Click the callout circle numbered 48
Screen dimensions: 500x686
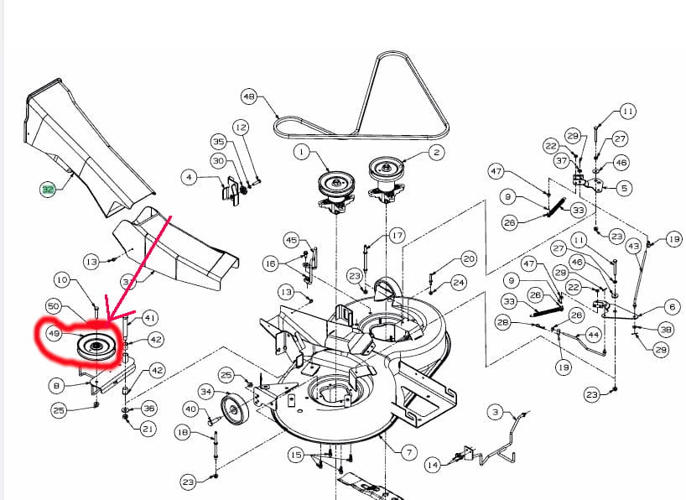pos(248,96)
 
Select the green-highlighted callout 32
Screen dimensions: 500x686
pos(48,190)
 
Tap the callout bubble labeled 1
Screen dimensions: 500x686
pos(301,152)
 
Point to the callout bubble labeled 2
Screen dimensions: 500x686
pos(436,152)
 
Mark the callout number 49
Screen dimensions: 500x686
pos(54,334)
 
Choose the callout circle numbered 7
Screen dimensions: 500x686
pos(408,453)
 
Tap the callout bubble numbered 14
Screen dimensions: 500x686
pos(433,463)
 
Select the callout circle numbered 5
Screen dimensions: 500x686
pos(624,189)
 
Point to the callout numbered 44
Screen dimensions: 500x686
pos(593,335)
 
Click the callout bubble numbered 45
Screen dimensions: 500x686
pos(291,240)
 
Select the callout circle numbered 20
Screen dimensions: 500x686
pos(469,259)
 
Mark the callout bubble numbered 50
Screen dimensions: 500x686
pos(53,306)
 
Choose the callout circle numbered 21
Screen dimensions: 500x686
pos(148,430)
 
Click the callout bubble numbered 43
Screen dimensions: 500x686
pos(633,245)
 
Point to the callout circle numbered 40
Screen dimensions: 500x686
pos(190,409)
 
